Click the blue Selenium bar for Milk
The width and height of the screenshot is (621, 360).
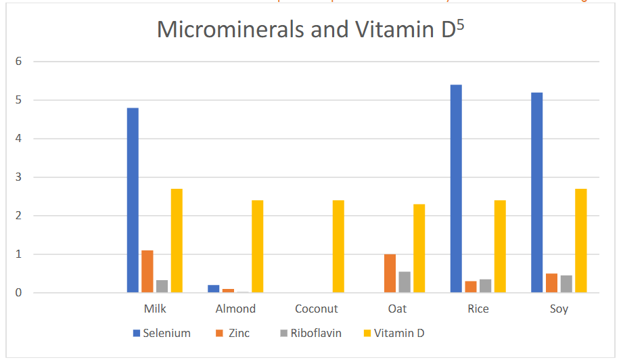pyautogui.click(x=133, y=200)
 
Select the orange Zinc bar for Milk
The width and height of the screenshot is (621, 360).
pyautogui.click(x=147, y=271)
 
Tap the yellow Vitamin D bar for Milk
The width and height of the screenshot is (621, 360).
pyautogui.click(x=177, y=240)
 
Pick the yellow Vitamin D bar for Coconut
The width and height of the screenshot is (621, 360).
pyautogui.click(x=338, y=246)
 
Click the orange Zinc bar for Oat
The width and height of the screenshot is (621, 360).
pyautogui.click(x=390, y=273)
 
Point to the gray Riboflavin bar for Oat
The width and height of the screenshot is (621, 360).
pyautogui.click(x=405, y=282)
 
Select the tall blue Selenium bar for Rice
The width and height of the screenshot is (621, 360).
pyautogui.click(x=457, y=189)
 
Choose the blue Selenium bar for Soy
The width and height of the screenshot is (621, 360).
pyautogui.click(x=537, y=192)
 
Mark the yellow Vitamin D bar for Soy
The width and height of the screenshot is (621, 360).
pyautogui.click(x=580, y=240)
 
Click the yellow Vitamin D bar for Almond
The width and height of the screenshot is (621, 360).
pyautogui.click(x=258, y=246)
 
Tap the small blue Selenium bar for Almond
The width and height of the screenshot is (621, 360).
pyautogui.click(x=214, y=289)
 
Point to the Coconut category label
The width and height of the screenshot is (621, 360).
pyautogui.click(x=317, y=309)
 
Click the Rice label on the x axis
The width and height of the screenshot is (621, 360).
pyautogui.click(x=478, y=309)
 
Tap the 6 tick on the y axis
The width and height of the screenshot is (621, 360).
pyautogui.click(x=19, y=62)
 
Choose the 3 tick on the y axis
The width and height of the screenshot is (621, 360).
pyautogui.click(x=19, y=177)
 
